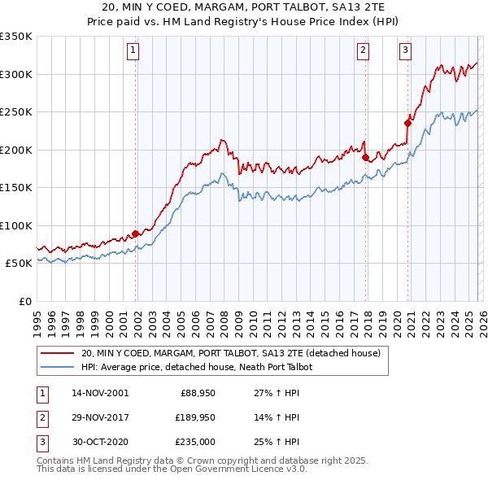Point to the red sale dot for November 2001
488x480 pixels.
tap(136, 234)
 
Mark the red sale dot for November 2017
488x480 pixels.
tap(366, 158)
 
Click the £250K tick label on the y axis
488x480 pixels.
tap(16, 112)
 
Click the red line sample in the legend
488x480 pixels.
tap(58, 353)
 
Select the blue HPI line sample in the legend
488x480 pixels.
tap(58, 367)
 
